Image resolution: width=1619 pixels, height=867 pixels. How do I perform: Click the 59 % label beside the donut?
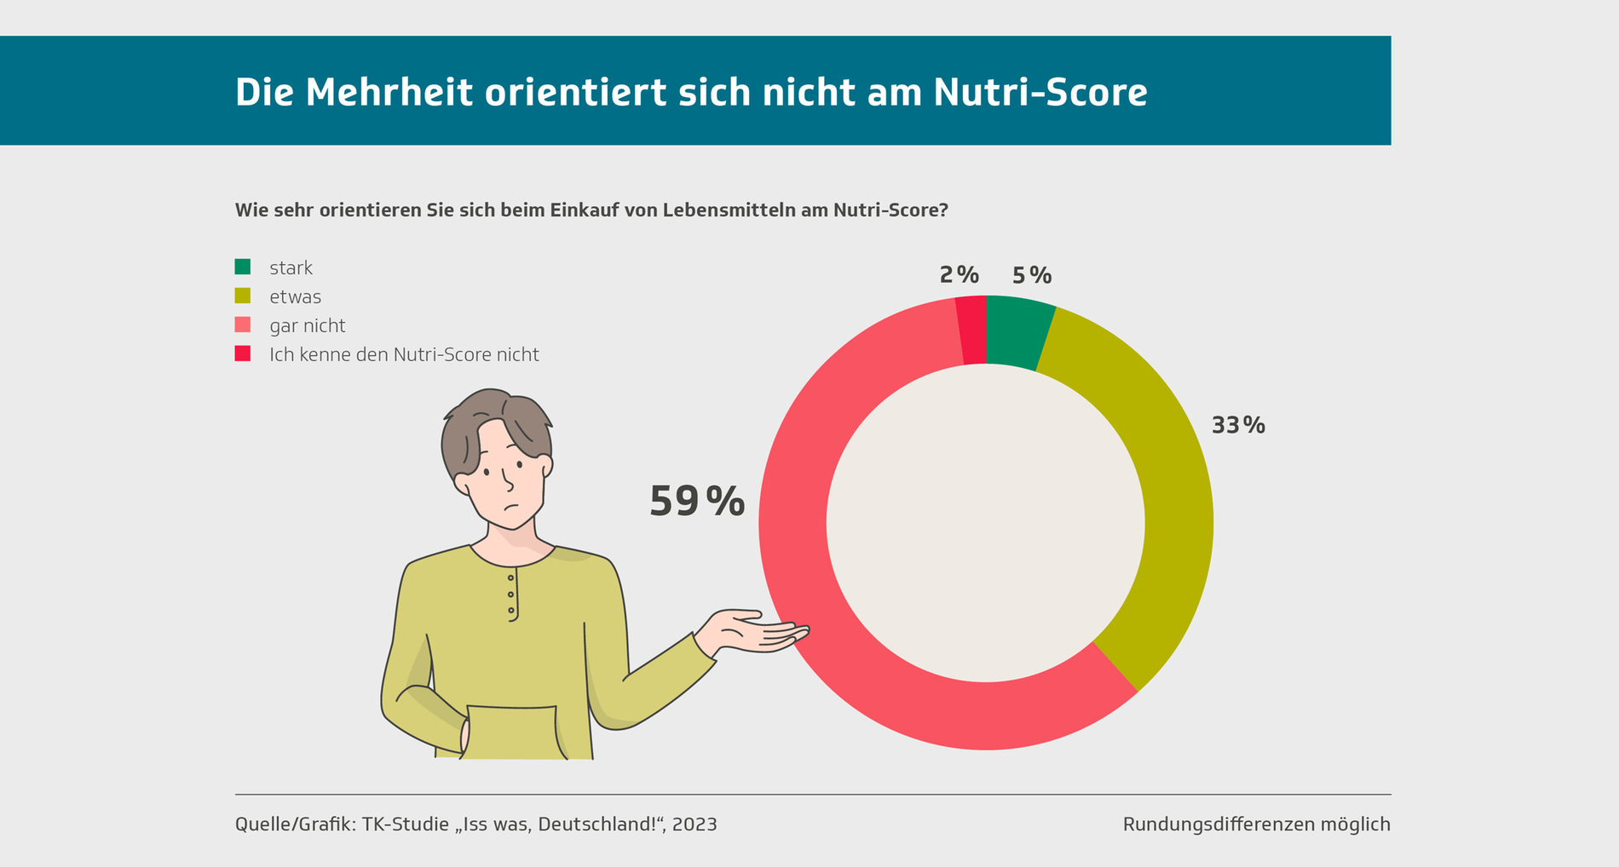[x=696, y=502]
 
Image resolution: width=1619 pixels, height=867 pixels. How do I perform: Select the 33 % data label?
[x=1237, y=425]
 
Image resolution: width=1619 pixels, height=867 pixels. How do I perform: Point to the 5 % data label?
[x=1031, y=276]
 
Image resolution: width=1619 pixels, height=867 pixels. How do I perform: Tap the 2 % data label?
[x=959, y=275]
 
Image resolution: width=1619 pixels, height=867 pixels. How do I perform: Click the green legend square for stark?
[x=243, y=267]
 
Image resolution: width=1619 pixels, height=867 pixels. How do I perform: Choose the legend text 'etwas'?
[x=295, y=297]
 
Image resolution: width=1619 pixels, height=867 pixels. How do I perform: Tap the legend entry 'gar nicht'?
[x=307, y=326]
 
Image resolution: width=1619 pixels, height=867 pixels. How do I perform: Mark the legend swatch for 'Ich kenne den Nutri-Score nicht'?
[x=243, y=353]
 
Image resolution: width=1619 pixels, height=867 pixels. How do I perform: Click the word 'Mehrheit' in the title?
[x=389, y=92]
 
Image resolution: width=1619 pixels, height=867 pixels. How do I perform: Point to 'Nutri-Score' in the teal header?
[x=1040, y=92]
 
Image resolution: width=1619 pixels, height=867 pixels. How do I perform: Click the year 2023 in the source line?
[x=694, y=824]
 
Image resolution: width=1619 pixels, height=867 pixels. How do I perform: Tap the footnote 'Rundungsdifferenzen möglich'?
[x=1256, y=824]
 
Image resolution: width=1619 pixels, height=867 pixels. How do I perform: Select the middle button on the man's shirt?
[x=510, y=594]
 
